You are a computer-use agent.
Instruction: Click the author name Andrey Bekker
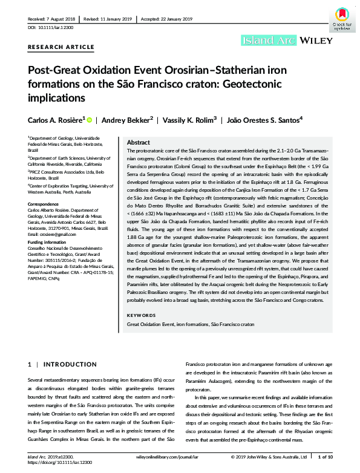[126, 120]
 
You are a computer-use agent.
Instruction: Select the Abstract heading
[139, 141]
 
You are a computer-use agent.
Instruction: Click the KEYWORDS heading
[140, 315]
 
